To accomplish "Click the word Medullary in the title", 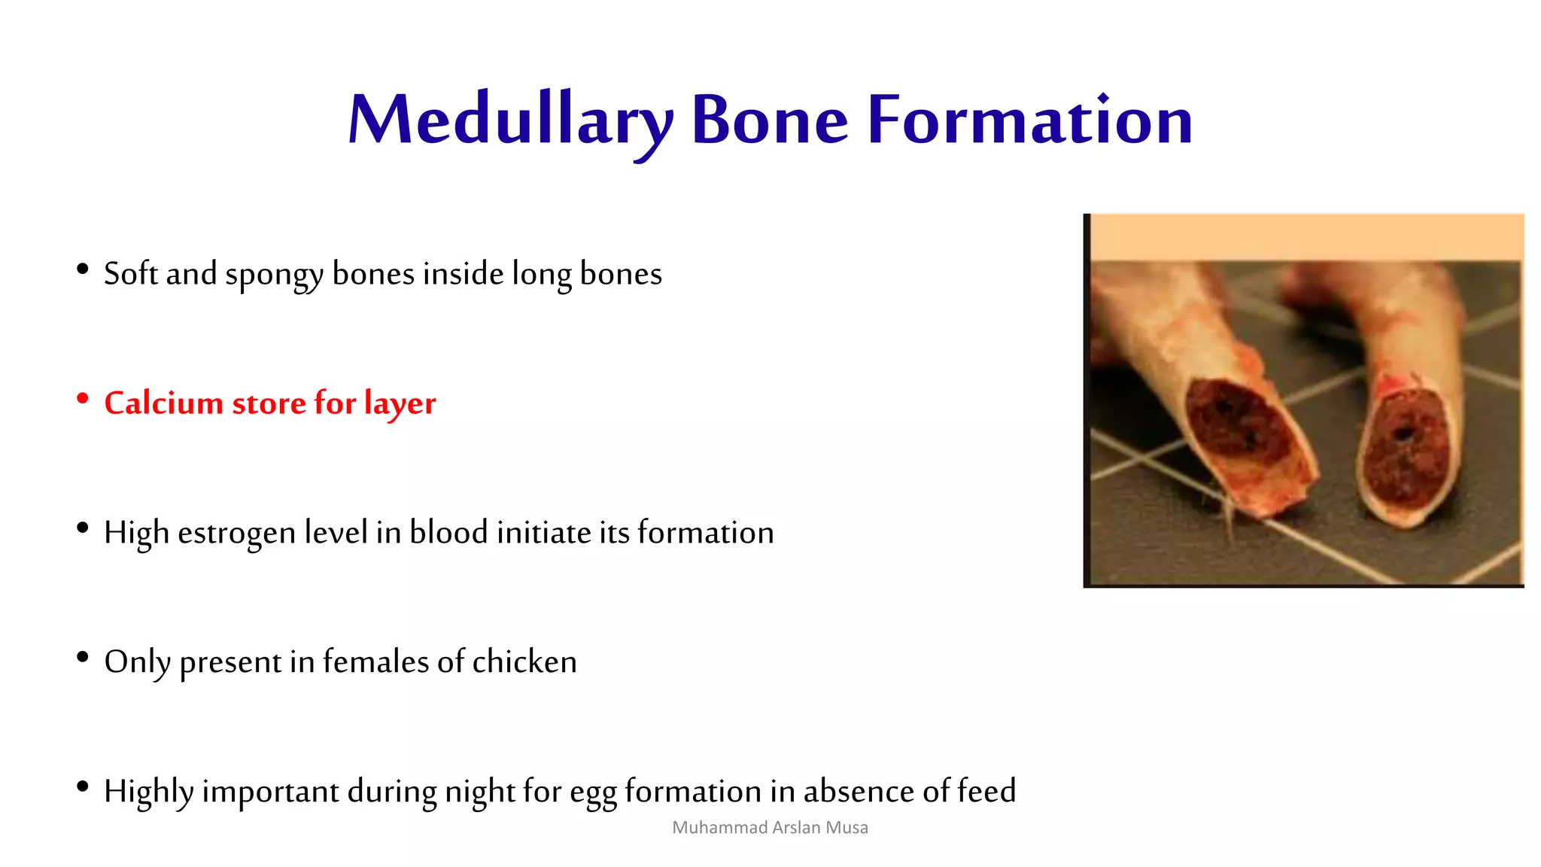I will pos(509,120).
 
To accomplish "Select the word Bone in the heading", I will pos(769,120).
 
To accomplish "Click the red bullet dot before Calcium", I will pos(83,399).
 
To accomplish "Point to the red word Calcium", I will pos(163,403).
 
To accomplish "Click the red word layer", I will pos(400,404).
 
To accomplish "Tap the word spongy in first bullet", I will pos(274,275).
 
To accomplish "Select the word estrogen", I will pos(236,534).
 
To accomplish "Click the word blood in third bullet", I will pos(448,532).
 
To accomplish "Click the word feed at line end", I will pos(986,791).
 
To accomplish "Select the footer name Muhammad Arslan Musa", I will pos(770,828).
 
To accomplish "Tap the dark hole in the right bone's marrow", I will pos(1403,434).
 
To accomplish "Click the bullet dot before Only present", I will pos(83,658).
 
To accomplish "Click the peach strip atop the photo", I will pos(1305,236).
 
